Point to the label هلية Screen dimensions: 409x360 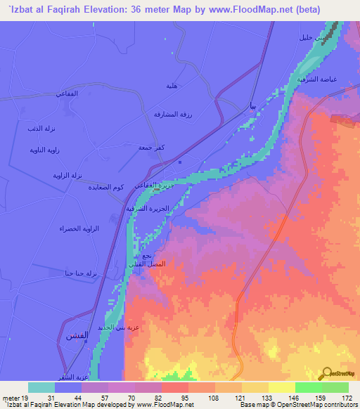(x=170, y=86)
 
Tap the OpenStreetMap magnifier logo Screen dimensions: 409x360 (x=329, y=372)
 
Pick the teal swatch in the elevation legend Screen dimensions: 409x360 (x=41, y=387)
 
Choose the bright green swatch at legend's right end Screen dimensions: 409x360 (x=335, y=387)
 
